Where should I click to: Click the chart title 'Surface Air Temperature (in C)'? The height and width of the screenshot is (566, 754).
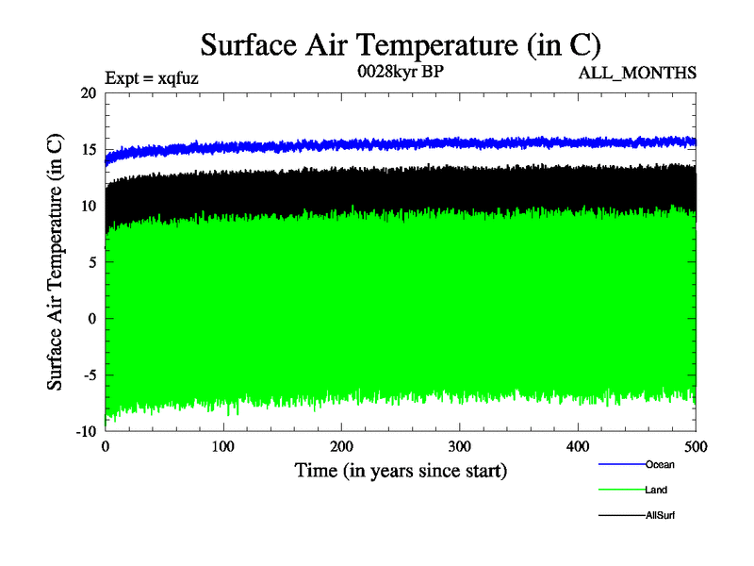point(401,45)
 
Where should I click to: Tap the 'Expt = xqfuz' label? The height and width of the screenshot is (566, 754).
point(151,80)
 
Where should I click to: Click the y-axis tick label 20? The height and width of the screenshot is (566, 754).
point(88,93)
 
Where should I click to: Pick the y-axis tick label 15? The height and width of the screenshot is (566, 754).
point(88,150)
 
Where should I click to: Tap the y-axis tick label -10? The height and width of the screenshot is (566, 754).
point(85,431)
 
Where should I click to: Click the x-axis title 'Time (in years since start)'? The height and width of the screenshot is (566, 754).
point(401,470)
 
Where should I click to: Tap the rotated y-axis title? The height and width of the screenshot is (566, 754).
point(57,262)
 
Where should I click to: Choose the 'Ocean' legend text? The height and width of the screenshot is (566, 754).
point(660,464)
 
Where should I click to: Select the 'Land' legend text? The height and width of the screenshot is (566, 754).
point(657,490)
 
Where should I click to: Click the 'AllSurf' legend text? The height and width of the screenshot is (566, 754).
point(661,515)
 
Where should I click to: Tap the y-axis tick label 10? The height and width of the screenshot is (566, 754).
point(88,206)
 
